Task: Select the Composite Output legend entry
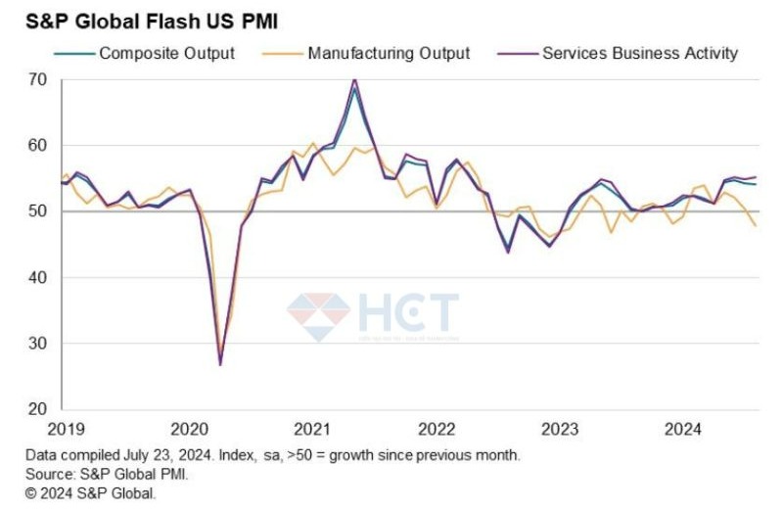[x=166, y=53]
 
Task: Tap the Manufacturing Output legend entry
[x=389, y=53]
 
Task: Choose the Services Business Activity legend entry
[x=639, y=53]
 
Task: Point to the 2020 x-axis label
[x=189, y=429]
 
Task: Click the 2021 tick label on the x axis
[x=311, y=429]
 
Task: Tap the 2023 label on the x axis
[x=560, y=429]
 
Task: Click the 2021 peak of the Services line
[x=354, y=79]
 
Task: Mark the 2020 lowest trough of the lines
[x=220, y=364]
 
